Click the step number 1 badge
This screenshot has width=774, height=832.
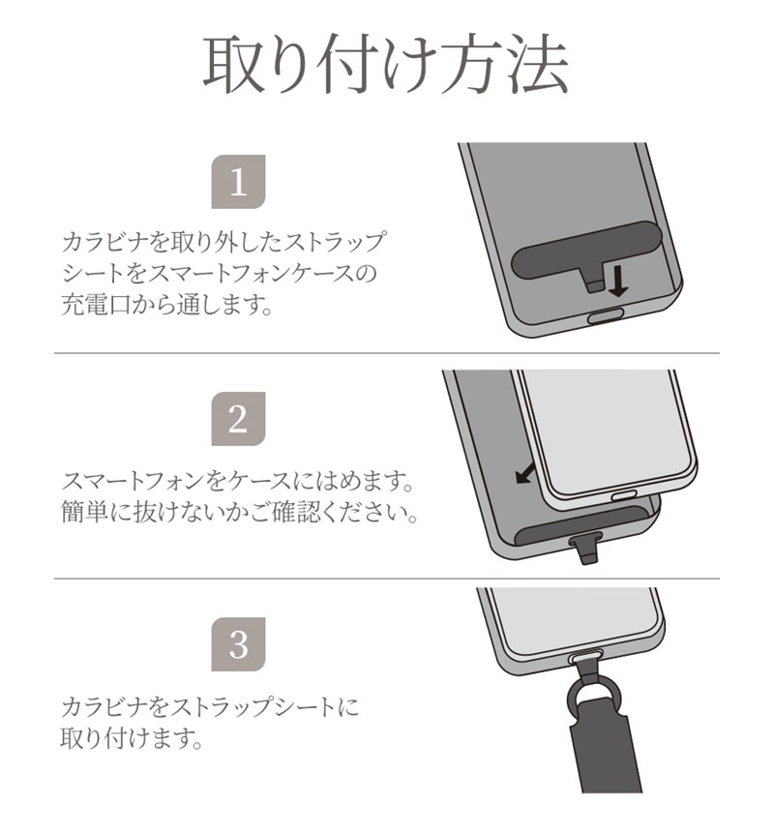click(x=238, y=182)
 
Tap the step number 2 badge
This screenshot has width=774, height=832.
click(x=238, y=419)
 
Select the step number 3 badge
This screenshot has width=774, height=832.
click(x=238, y=644)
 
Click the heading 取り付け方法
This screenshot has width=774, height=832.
click(x=386, y=65)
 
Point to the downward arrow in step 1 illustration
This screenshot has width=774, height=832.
click(x=617, y=282)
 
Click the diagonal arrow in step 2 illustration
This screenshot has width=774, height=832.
click(x=526, y=472)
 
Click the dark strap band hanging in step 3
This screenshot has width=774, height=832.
click(x=605, y=753)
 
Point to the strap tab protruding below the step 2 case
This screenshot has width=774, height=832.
click(x=585, y=549)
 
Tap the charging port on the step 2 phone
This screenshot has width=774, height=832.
click(x=624, y=496)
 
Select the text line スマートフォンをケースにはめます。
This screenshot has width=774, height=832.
click(x=238, y=481)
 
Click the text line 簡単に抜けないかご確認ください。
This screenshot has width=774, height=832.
click(x=240, y=512)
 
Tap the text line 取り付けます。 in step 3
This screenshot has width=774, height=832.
click(x=132, y=737)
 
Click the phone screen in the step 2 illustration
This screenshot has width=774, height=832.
click(x=607, y=431)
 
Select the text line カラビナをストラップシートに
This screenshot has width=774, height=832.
click(x=210, y=707)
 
